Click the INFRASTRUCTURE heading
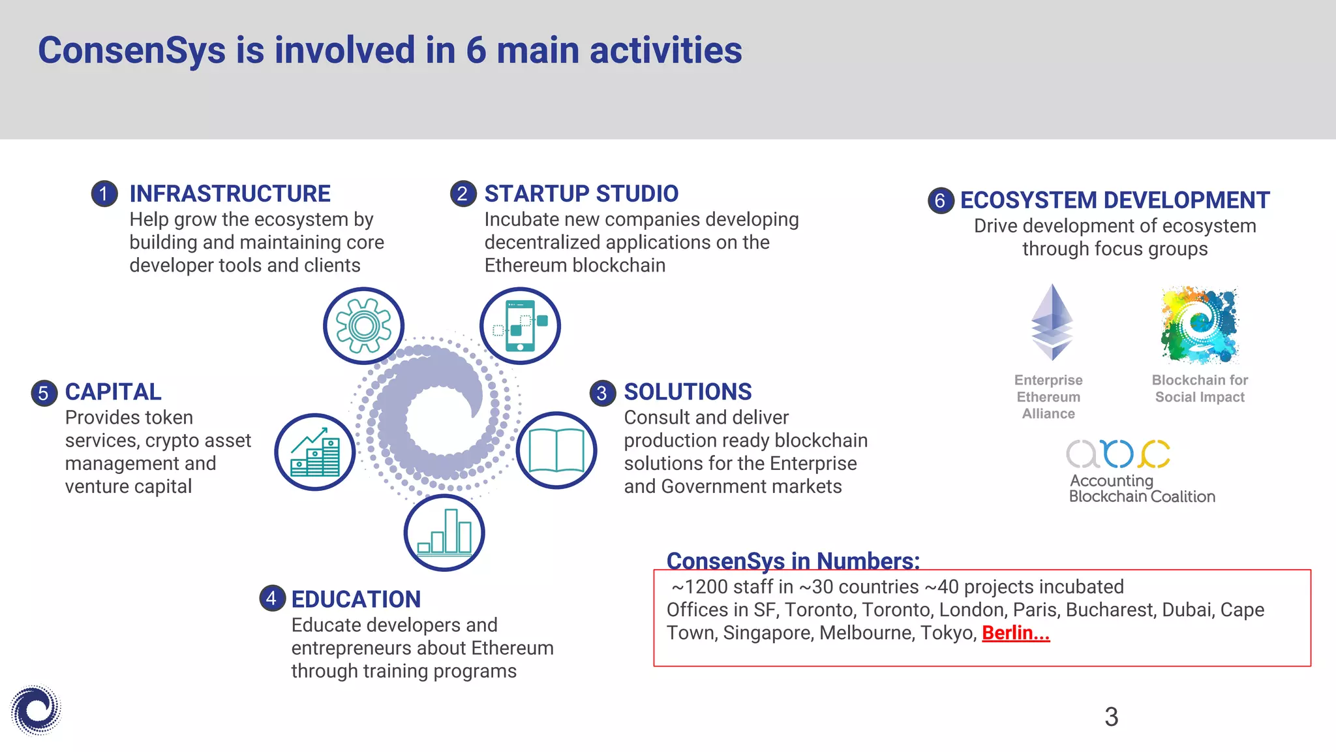[230, 194]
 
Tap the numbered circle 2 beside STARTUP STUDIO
[463, 194]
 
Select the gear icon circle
[364, 326]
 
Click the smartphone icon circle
[520, 326]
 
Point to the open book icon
[556, 450]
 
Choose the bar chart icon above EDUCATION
[444, 533]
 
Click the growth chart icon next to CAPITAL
[315, 452]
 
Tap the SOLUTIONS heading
[688, 392]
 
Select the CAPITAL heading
[113, 392]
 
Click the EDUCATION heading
[356, 599]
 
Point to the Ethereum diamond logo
[1052, 322]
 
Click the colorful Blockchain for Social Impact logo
[1199, 325]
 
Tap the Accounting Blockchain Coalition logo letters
[1117, 454]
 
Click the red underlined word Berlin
[1015, 633]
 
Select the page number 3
[1111, 717]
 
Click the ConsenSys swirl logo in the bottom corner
[35, 710]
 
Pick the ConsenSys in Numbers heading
[793, 561]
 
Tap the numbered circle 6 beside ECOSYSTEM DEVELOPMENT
[940, 200]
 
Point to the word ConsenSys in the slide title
[132, 50]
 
